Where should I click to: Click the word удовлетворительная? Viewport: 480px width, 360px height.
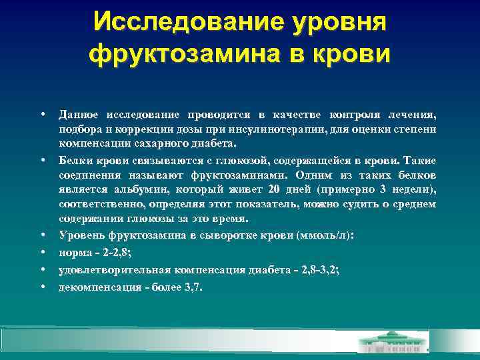pyautogui.click(x=116, y=270)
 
